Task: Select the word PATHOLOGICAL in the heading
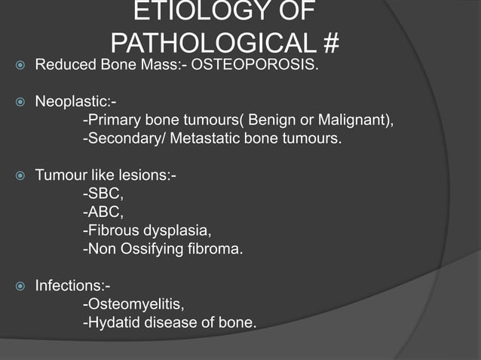pos(212,44)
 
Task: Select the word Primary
pos(114,121)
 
